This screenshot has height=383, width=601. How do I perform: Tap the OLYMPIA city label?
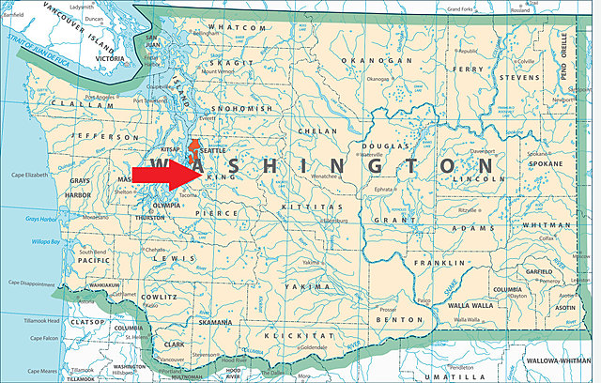tap(165, 204)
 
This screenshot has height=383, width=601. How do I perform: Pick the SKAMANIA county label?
tap(214, 322)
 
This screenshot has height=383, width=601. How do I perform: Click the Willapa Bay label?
tap(43, 241)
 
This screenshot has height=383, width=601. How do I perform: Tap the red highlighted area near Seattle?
tap(194, 150)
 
